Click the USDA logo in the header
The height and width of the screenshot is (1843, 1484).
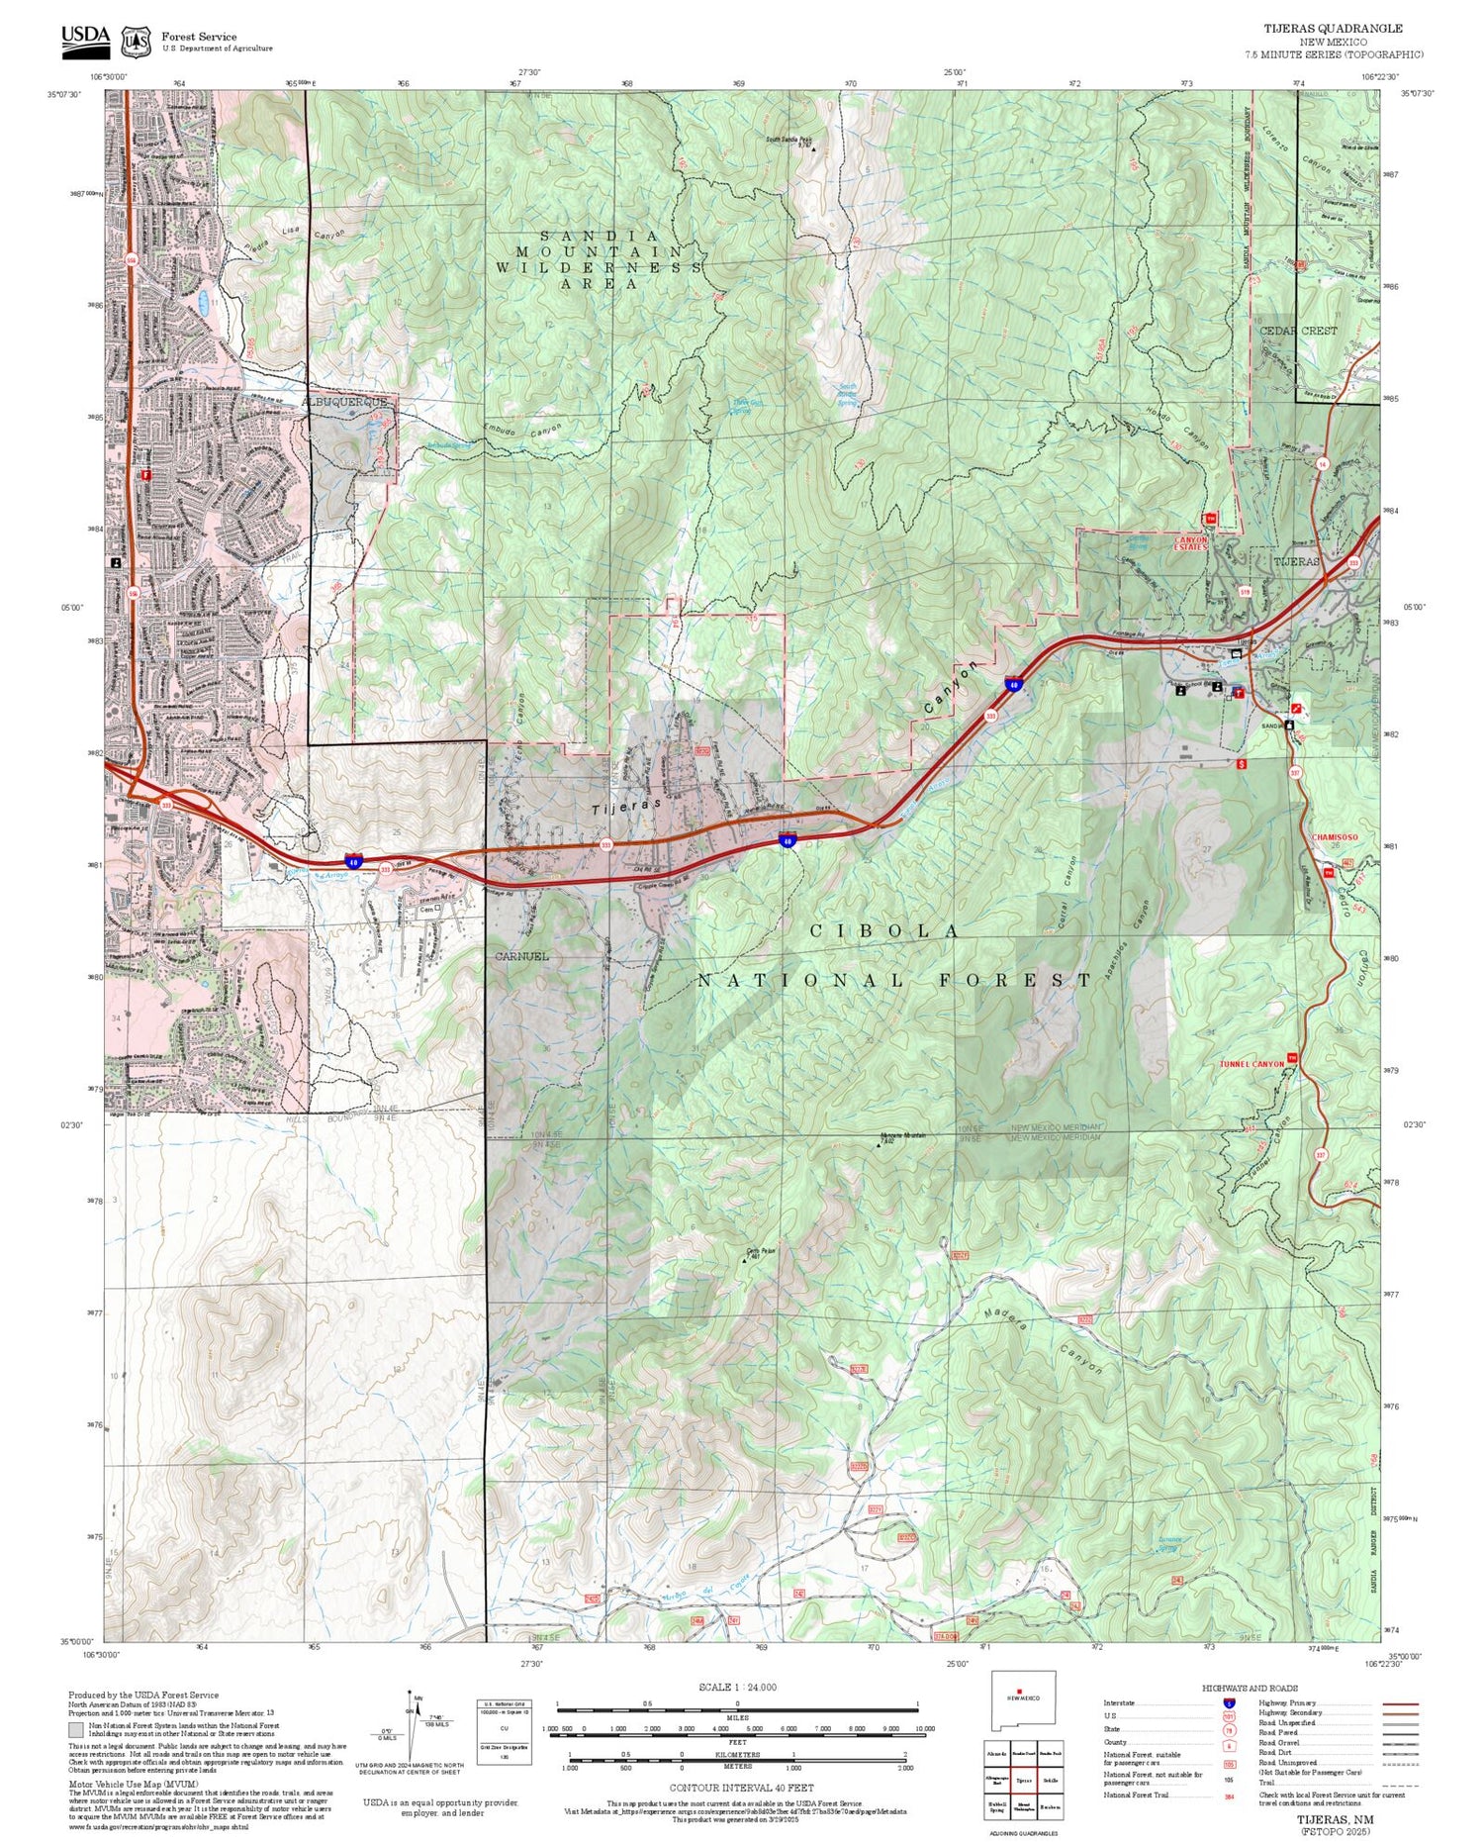(x=85, y=38)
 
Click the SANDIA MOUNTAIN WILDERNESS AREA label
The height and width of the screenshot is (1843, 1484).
(x=599, y=259)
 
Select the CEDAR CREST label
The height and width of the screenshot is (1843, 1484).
(x=1298, y=331)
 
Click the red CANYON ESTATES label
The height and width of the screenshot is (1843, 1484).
(x=1190, y=543)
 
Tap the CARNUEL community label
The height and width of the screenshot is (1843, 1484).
(x=522, y=956)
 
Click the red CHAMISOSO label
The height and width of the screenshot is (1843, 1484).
(x=1335, y=837)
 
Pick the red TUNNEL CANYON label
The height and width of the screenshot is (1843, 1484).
(x=1252, y=1064)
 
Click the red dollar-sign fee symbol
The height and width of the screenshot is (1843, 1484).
(x=1243, y=764)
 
